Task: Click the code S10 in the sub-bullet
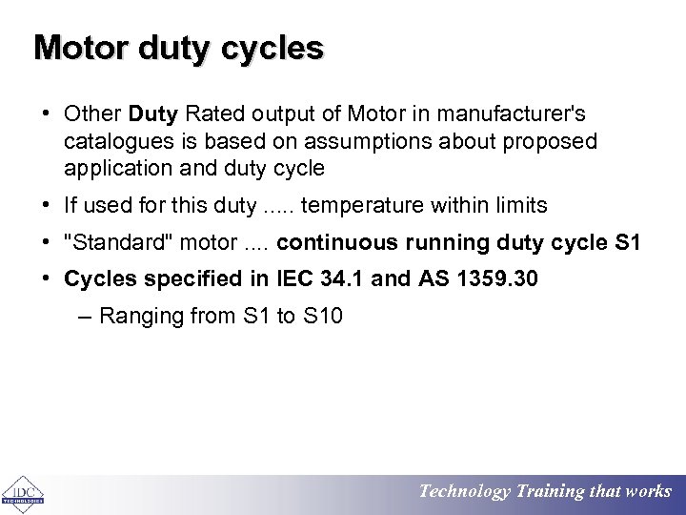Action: [x=322, y=316]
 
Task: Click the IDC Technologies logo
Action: [x=22, y=493]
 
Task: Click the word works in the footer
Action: [x=649, y=492]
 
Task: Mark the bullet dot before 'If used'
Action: [x=47, y=205]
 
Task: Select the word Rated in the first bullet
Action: [x=214, y=114]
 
